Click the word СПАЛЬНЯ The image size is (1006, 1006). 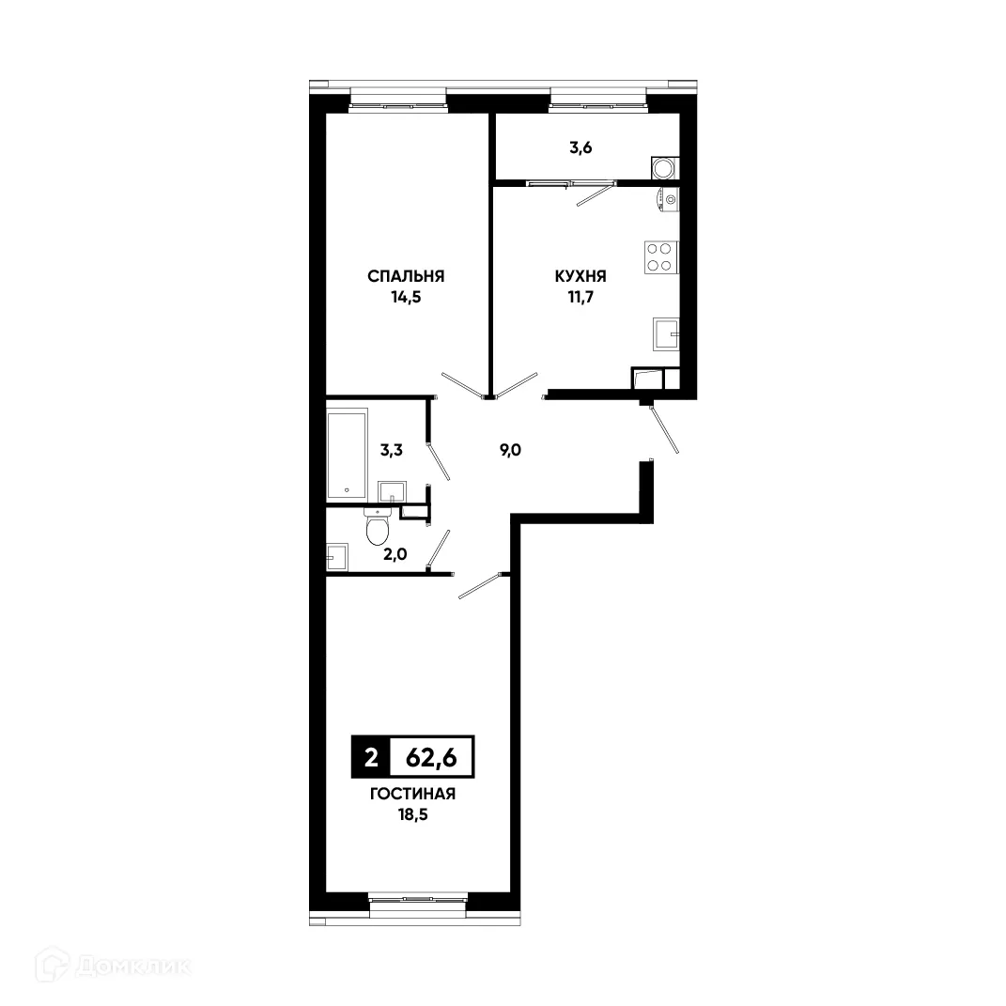coord(406,276)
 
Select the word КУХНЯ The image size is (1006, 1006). coord(580,276)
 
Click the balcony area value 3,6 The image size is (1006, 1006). coord(580,147)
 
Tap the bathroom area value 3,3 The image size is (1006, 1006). coord(392,450)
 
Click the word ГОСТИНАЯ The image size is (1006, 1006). coord(412,795)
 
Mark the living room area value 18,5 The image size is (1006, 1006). coord(412,817)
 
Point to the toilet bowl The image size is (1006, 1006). coord(378,530)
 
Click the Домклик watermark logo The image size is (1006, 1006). coord(113,966)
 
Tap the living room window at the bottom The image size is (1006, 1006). coord(417,901)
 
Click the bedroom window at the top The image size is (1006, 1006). coord(395,101)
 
